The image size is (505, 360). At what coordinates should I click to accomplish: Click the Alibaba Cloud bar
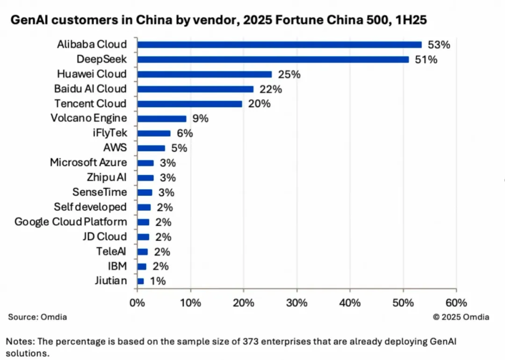tap(279, 45)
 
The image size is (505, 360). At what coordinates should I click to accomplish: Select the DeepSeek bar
tap(273, 59)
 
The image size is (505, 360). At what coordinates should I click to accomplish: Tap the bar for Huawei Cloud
tap(204, 74)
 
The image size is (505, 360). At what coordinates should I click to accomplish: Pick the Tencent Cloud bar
tap(190, 104)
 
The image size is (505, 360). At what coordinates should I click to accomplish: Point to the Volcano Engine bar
tap(162, 119)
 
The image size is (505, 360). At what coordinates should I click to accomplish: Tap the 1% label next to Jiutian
tap(158, 281)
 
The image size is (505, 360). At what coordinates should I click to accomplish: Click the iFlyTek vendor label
tap(109, 133)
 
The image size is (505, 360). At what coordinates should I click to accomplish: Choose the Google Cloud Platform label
tap(71, 222)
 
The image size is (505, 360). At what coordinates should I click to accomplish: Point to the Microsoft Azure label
tap(88, 163)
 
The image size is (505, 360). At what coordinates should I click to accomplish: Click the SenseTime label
tap(100, 192)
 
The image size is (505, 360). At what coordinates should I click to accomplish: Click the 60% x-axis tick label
tap(456, 302)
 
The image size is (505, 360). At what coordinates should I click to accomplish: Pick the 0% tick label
tap(137, 302)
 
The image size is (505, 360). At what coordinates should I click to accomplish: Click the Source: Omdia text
tap(37, 317)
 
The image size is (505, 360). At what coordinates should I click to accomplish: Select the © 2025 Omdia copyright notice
tap(461, 317)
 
